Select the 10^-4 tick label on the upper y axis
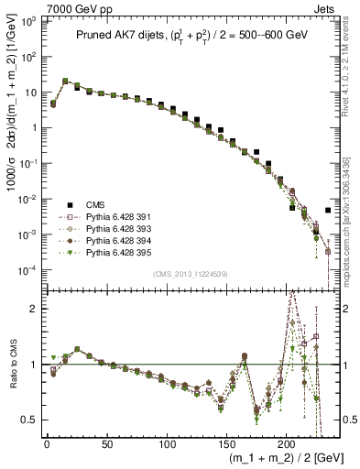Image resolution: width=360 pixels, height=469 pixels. [x=29, y=270]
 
